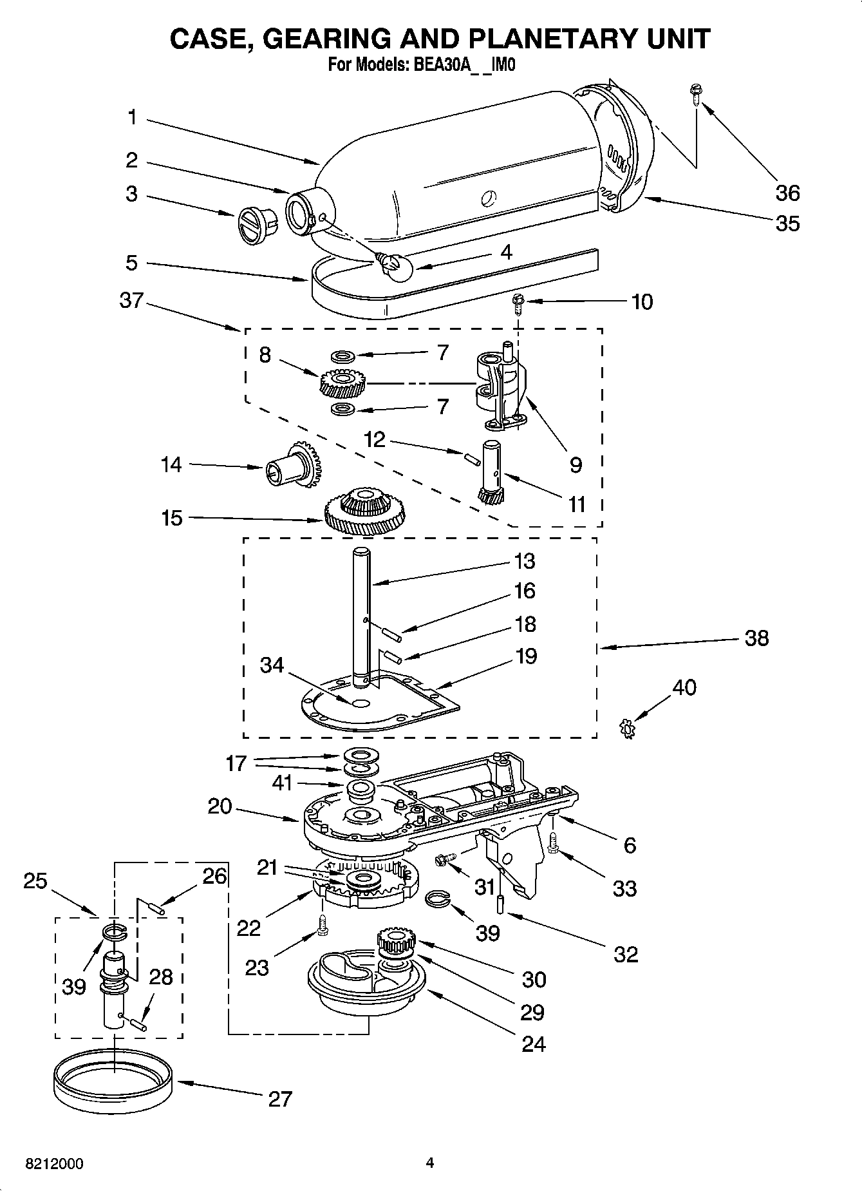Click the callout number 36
(x=787, y=193)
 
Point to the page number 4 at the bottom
(x=430, y=1163)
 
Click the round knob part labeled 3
(x=256, y=225)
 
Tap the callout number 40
(x=684, y=687)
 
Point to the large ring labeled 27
(x=113, y=1082)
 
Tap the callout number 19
(x=526, y=656)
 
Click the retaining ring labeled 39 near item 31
(x=440, y=899)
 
